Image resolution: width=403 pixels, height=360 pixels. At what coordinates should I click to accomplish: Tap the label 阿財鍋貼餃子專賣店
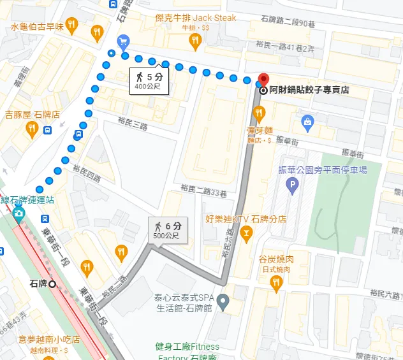[x=309, y=90]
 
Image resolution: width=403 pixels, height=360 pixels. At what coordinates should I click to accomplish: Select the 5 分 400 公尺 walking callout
[x=149, y=80]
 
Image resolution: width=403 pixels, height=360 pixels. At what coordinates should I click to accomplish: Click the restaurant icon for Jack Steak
[x=196, y=41]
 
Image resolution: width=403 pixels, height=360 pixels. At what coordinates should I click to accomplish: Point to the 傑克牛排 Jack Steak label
[x=196, y=18]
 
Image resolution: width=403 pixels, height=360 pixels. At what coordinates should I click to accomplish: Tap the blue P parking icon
[x=293, y=186]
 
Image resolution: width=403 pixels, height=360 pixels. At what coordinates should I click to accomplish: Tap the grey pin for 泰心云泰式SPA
[x=223, y=300]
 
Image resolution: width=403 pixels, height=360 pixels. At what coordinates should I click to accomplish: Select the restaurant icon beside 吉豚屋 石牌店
[x=32, y=130]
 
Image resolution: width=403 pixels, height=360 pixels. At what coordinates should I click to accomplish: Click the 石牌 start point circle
[x=52, y=284]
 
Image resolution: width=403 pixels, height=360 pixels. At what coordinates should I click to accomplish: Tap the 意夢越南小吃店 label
[x=49, y=339]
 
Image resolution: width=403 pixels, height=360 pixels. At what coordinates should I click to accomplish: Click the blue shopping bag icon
[x=307, y=120]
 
